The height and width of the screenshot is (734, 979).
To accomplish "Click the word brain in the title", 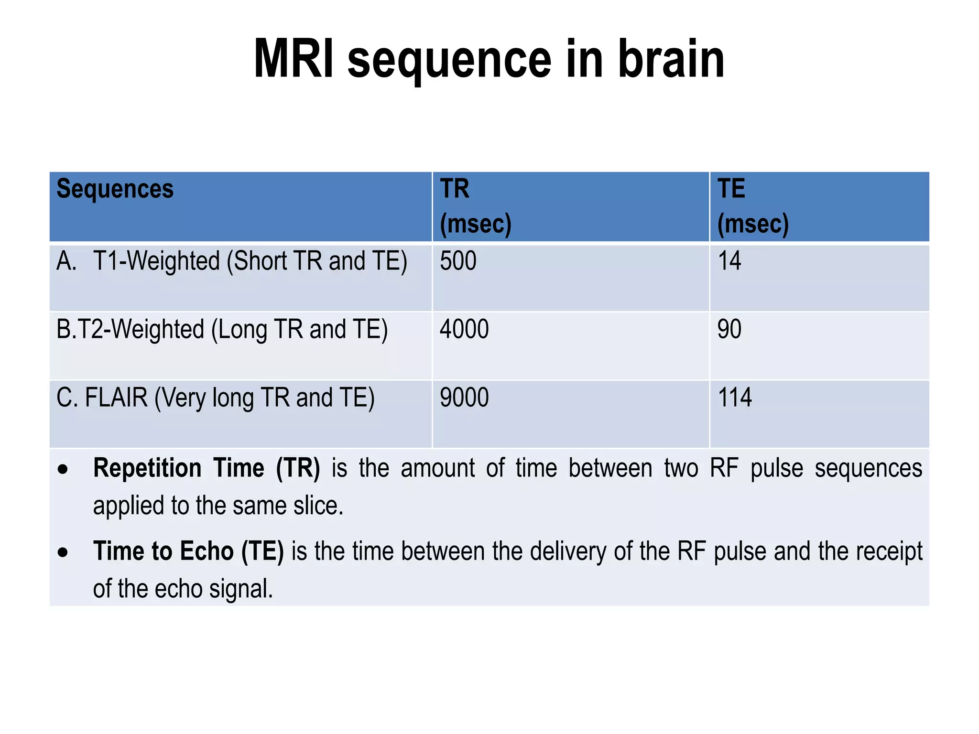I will coord(671,59).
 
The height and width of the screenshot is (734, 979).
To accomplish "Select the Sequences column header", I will coord(115,189).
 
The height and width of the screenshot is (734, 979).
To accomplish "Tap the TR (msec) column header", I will coord(475,206).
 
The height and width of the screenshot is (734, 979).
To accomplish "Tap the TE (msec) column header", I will coord(752,206).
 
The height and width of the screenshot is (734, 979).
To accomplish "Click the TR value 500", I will coord(458,261).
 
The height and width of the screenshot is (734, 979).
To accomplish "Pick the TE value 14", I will coord(729,261).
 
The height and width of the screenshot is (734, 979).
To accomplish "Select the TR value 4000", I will coord(464,330).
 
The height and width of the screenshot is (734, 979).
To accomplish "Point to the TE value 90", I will coord(729,330).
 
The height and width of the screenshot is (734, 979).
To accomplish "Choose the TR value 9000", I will coord(464,398).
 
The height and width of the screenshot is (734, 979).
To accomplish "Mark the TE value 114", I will coord(735,398).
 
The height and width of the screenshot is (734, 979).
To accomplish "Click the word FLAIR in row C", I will coord(116,398).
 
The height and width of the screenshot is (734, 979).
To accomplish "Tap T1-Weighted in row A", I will coord(156,262).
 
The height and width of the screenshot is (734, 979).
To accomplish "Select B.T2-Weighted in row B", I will coord(130,330).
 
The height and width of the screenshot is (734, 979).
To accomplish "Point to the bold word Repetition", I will coord(147,468).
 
